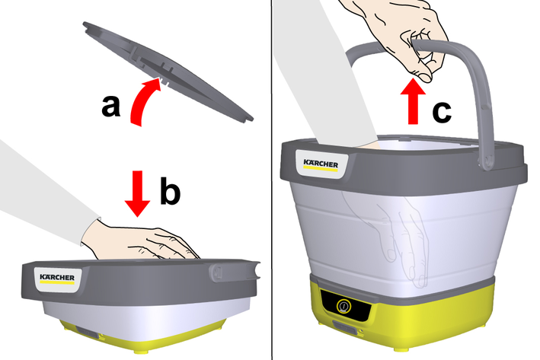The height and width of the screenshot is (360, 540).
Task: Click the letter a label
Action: pos(111,107)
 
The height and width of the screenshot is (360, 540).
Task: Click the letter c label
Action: pos(442,111)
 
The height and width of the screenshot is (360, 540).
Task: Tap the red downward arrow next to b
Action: pos(137,193)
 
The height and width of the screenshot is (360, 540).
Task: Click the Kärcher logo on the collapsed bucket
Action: pos(57,279)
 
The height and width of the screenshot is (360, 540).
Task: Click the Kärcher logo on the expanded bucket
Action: pos(321,164)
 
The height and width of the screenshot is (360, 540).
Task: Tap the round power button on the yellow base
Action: pos(343,306)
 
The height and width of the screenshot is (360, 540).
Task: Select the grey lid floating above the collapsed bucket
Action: pos(168,71)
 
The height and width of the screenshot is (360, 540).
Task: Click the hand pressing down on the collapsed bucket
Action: pos(139,241)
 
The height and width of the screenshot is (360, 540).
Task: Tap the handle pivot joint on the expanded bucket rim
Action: pos(487,162)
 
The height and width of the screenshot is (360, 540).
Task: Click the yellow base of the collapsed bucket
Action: pos(142,339)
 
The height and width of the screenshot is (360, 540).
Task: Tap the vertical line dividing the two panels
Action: pos(272,180)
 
